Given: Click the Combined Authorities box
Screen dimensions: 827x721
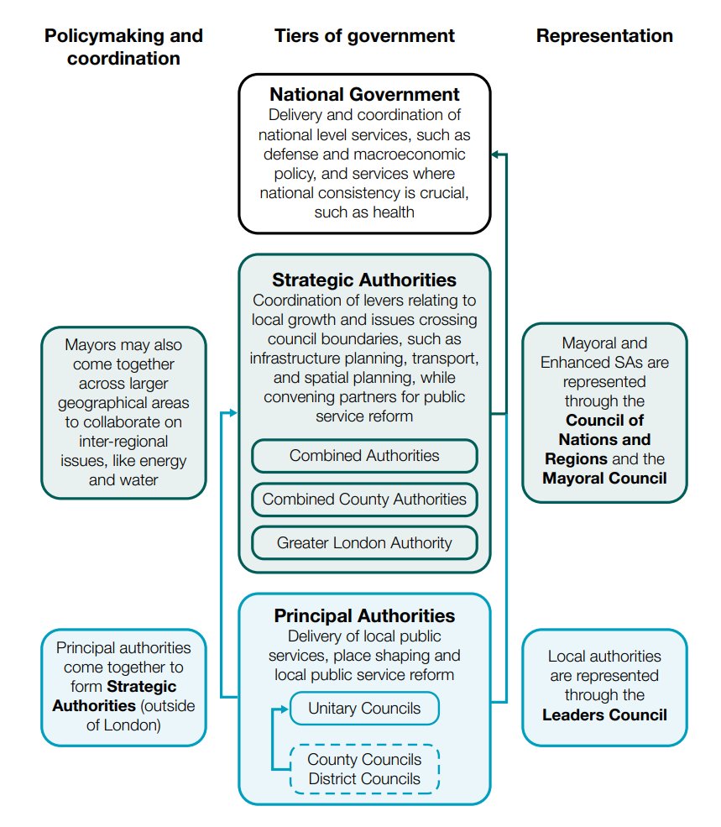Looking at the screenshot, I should (364, 456).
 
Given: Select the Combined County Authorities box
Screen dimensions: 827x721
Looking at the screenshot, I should (364, 500).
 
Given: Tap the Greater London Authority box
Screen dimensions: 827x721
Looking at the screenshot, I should (364, 543).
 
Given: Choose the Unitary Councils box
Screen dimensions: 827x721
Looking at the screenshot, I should (364, 708).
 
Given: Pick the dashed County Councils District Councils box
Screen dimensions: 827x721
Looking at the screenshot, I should (364, 769).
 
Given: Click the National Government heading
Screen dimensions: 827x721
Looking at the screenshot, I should (364, 94).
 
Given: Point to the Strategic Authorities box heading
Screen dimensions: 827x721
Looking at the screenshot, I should (364, 280).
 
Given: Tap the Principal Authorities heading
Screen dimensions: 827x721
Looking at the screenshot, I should (364, 616).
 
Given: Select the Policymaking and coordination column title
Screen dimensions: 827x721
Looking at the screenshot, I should (123, 46).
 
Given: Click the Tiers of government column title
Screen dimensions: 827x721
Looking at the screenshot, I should (364, 35).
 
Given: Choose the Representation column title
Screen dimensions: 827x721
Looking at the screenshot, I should (604, 35).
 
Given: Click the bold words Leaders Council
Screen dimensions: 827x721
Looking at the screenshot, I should (604, 715).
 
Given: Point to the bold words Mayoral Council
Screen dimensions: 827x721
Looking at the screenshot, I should (604, 479).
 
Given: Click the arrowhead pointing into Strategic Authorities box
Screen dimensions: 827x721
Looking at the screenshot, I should (234, 413).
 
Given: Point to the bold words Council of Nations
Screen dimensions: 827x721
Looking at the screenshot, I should (604, 429).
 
